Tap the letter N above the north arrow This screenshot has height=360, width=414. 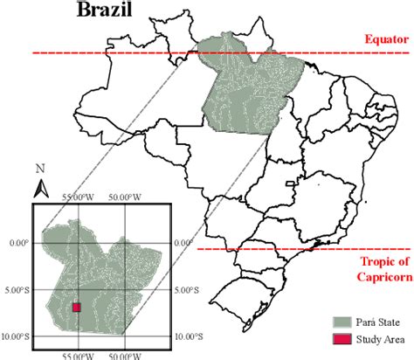40,168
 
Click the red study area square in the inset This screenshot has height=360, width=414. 76,307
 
